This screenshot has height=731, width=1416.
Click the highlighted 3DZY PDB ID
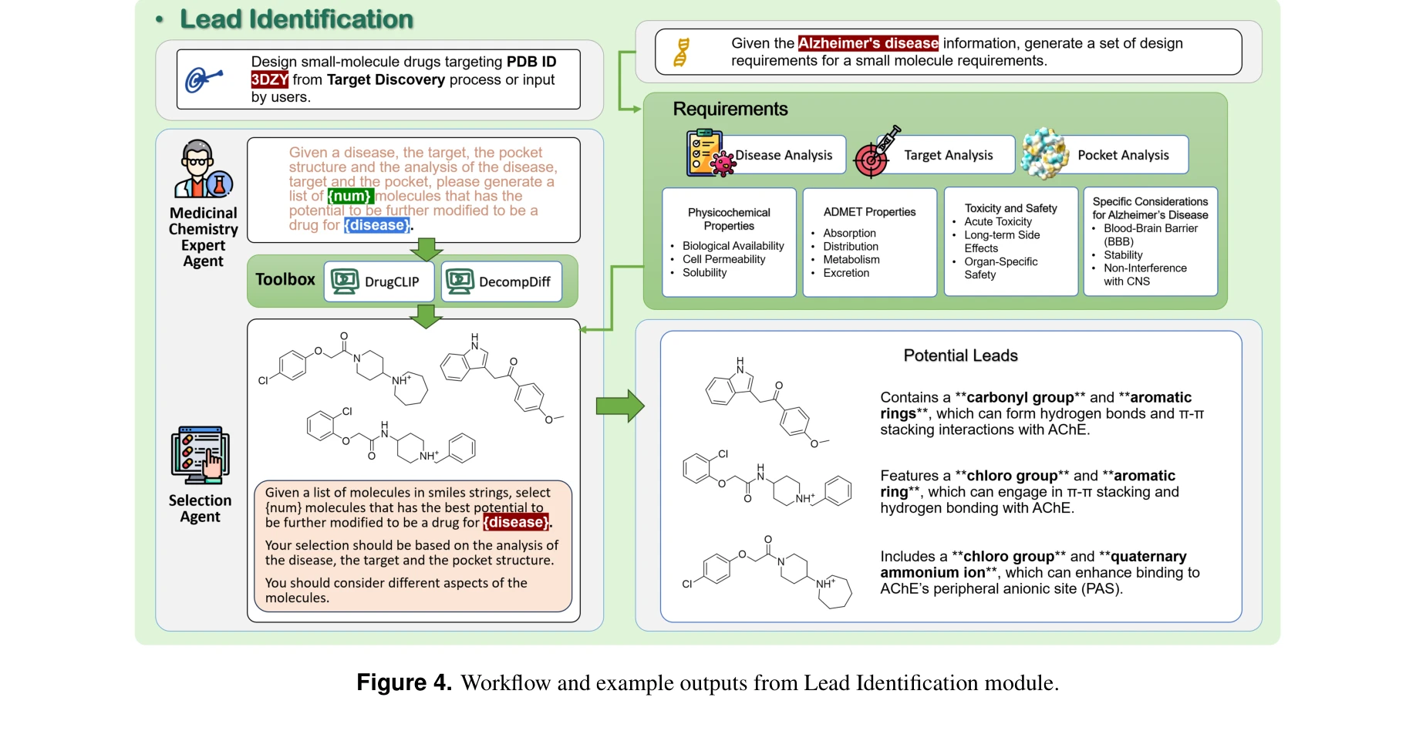(269, 79)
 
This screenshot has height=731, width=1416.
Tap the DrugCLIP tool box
(379, 281)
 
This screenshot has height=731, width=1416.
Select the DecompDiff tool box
(501, 281)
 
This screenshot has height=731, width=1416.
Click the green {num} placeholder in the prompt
(350, 196)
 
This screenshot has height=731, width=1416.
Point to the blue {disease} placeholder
(376, 225)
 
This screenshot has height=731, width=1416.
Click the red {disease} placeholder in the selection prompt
(516, 522)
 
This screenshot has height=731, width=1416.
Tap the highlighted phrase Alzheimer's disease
(868, 43)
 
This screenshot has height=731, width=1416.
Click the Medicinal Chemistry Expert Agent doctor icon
(202, 169)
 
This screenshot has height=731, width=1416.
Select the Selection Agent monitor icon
(200, 455)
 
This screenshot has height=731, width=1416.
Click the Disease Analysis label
(783, 155)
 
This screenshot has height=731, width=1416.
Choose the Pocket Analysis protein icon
(1044, 153)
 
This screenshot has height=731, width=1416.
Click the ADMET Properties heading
(869, 212)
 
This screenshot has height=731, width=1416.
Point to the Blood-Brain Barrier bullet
(1150, 228)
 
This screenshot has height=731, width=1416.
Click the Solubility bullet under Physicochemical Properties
(704, 273)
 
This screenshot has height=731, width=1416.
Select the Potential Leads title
(960, 355)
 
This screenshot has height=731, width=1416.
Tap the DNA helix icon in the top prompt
(681, 52)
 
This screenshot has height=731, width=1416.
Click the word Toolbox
(285, 280)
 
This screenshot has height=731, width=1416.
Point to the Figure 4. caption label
(403, 682)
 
